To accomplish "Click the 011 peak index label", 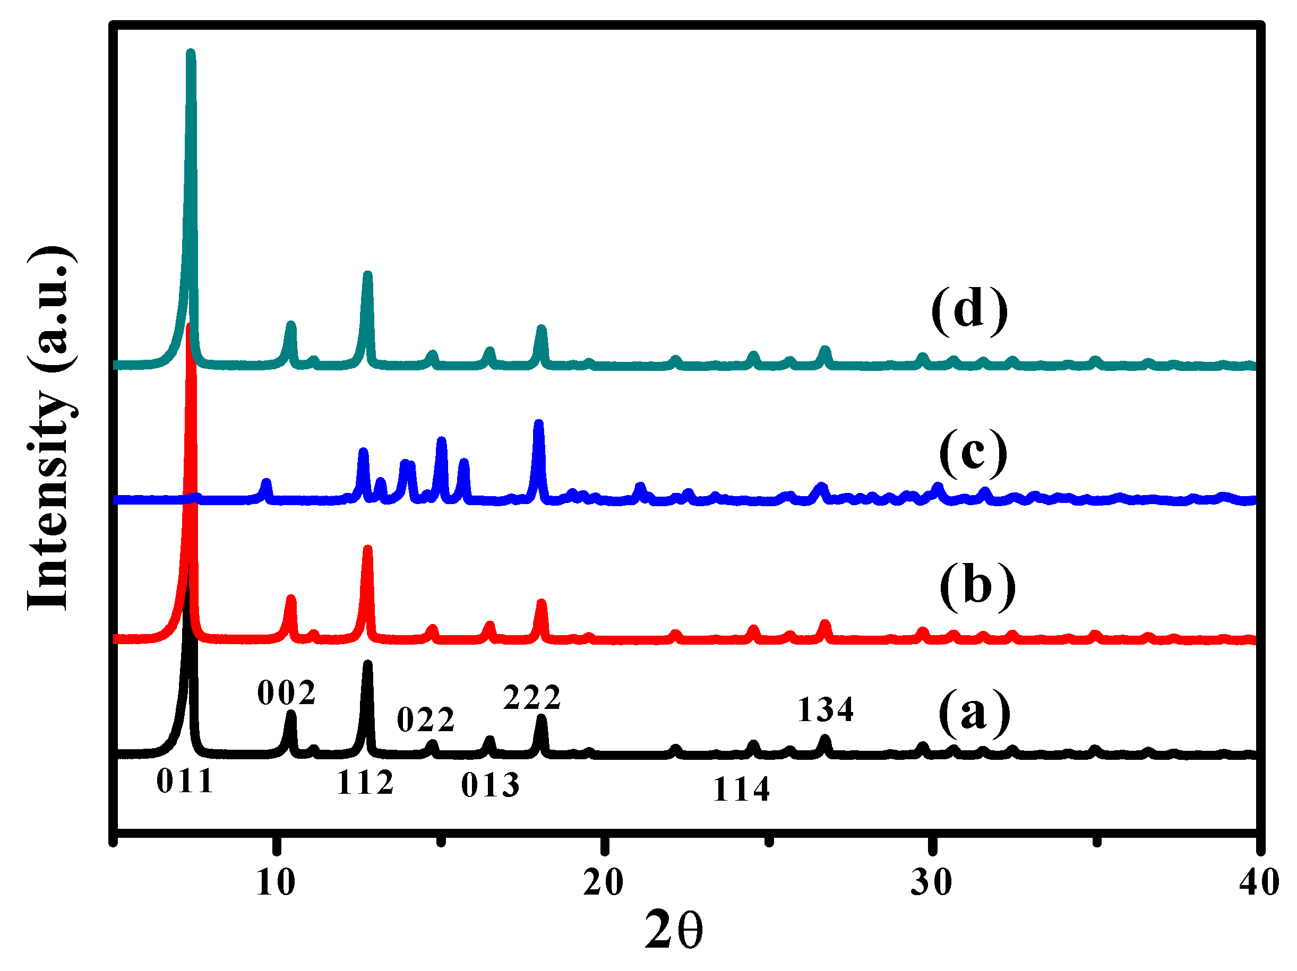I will [185, 781].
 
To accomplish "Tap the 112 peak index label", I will [365, 782].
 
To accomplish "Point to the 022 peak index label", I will [426, 719].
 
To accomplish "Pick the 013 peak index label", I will [490, 785].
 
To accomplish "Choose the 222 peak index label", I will [532, 697].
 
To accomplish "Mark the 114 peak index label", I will [741, 790].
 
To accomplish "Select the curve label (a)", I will [975, 713].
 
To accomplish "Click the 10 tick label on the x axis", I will [276, 882].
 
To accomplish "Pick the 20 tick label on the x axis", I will [603, 882].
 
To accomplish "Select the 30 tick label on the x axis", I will [931, 882].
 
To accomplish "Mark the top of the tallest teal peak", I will [191, 53].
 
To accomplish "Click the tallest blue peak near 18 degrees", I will [539, 423].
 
